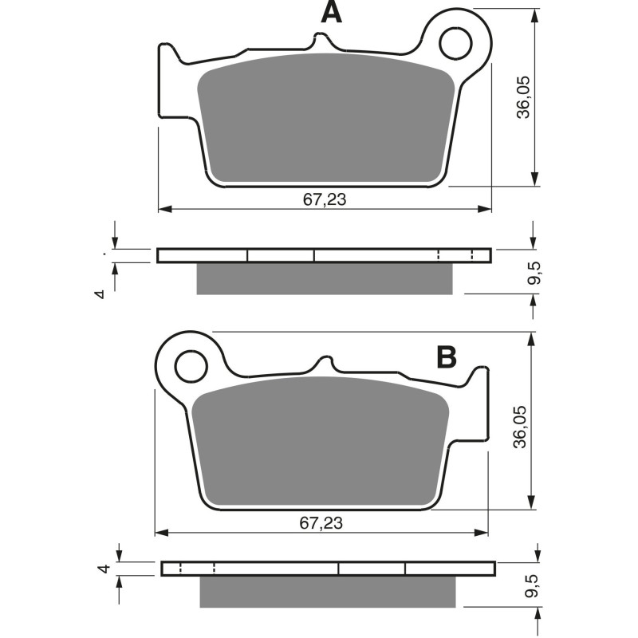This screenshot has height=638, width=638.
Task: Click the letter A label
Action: click(331, 13)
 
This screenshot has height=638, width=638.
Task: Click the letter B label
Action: click(446, 357)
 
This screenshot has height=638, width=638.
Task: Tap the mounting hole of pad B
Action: click(191, 367)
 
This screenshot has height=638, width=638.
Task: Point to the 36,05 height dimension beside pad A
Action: click(522, 98)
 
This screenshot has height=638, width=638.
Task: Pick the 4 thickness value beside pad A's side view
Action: click(99, 294)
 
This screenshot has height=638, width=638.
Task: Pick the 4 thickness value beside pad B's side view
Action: click(101, 569)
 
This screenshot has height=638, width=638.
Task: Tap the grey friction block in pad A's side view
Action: click(324, 278)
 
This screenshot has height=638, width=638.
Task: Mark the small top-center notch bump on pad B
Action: click(325, 363)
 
